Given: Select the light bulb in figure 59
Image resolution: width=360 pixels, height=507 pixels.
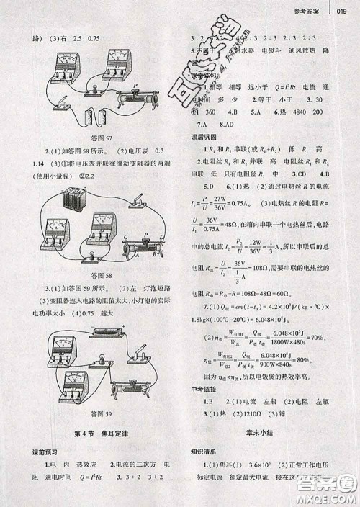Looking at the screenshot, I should (102, 358).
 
